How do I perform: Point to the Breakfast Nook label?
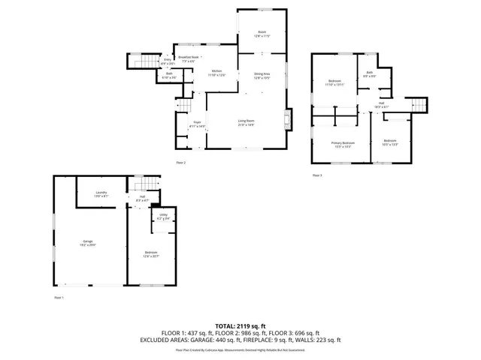pyautogui.click(x=188, y=58)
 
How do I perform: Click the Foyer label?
pyautogui.click(x=197, y=124)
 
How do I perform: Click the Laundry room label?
pyautogui.click(x=101, y=194)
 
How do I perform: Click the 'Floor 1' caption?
pyautogui.click(x=59, y=298)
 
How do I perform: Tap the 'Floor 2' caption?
pyautogui.click(x=180, y=163)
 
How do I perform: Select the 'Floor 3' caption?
pyautogui.click(x=317, y=175)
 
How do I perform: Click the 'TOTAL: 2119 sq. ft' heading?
pyautogui.click(x=240, y=325)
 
